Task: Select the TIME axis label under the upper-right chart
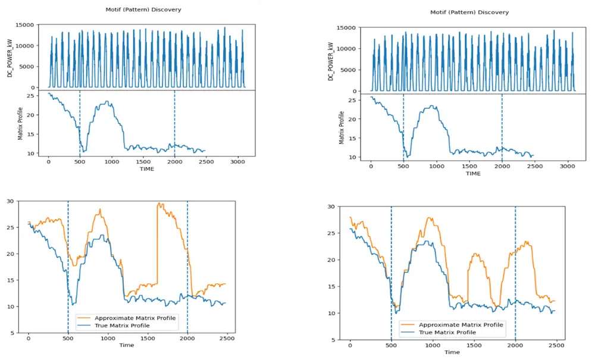(473, 174)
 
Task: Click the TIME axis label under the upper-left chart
(146, 169)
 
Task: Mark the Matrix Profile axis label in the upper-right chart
(342, 127)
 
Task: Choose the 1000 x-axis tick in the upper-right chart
(437, 165)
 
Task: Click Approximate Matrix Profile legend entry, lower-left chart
(135, 318)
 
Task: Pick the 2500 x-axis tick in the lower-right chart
(556, 345)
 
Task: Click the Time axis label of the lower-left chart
(126, 345)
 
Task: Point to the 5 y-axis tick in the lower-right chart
(337, 340)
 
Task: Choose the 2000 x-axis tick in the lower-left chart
(187, 338)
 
